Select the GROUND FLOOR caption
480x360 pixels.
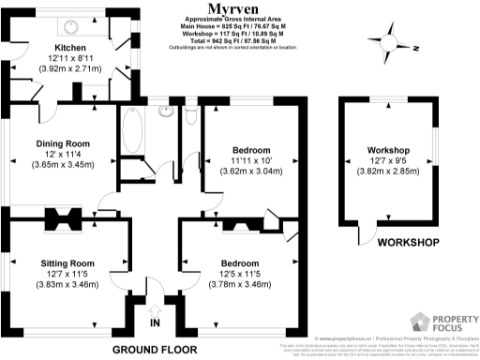pos(155,348)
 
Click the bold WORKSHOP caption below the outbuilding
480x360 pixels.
pos(408,244)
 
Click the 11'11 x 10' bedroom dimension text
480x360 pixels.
pos(250,161)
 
